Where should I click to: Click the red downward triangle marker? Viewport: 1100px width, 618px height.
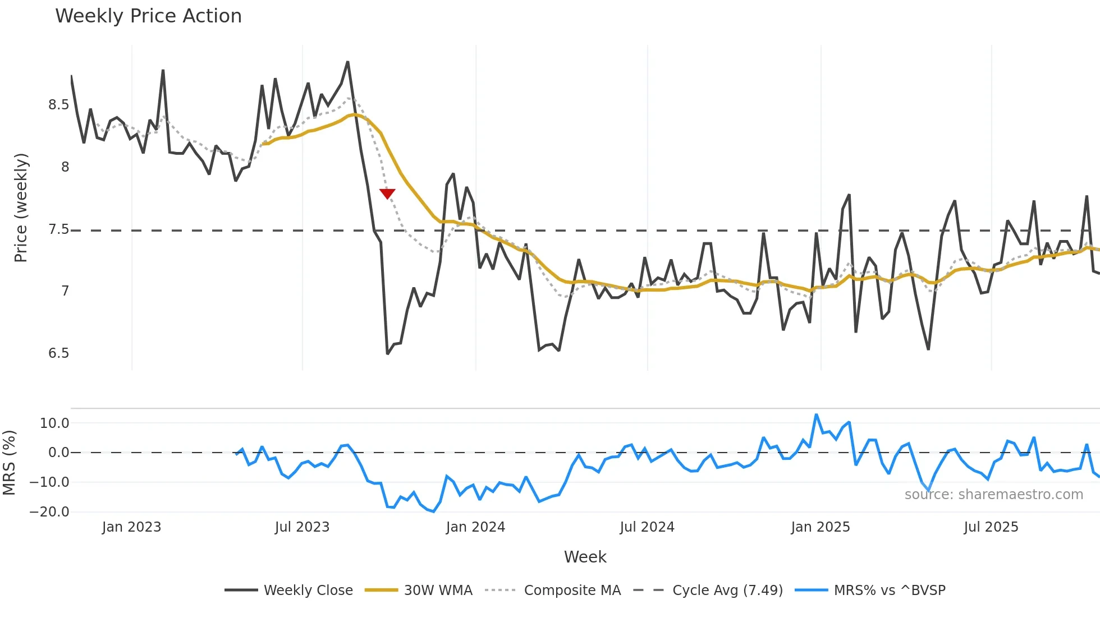coord(387,193)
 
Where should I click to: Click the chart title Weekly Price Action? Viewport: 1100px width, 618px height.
coord(148,16)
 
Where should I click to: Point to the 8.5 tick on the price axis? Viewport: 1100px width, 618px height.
coord(58,105)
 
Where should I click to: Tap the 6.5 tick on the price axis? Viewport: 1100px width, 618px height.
coord(58,353)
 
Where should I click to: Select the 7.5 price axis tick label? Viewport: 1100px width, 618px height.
coord(58,229)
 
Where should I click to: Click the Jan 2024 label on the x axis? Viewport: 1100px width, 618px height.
coord(475,527)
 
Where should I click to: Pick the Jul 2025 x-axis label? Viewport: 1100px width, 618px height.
coord(991,527)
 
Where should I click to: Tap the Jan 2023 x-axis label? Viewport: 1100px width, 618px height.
coord(131,527)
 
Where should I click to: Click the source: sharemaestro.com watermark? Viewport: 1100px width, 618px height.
coord(993,495)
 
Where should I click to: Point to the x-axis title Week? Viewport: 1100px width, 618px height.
coord(585,557)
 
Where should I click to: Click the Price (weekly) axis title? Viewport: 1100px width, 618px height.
coord(21,207)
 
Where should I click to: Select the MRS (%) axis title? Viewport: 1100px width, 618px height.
coord(9,463)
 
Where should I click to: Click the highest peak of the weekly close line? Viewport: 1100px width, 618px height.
coord(348,62)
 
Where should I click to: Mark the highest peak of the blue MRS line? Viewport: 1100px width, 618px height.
coord(816,415)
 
